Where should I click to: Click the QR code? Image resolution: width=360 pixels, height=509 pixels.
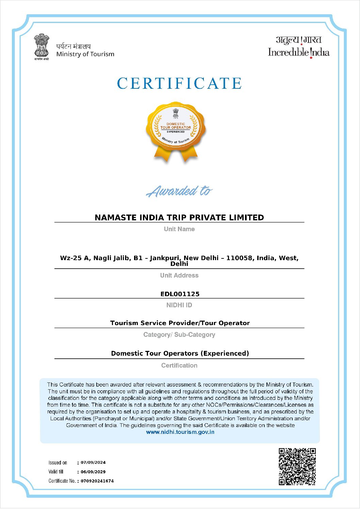click(297, 466)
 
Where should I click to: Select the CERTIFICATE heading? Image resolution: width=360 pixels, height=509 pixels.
click(179, 84)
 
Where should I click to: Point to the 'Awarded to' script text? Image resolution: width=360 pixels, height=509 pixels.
click(179, 191)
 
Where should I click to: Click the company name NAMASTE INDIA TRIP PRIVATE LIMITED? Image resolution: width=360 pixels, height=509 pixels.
click(179, 218)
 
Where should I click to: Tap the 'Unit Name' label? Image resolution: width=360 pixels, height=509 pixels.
click(179, 229)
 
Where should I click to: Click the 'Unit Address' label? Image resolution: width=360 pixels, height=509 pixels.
click(179, 275)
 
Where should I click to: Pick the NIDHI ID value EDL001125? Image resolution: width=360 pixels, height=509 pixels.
click(180, 294)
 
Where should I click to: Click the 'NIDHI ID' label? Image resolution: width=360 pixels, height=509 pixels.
click(179, 305)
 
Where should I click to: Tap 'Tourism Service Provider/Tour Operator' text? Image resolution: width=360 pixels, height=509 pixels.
click(180, 323)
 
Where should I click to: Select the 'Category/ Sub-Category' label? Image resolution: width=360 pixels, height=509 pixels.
click(179, 335)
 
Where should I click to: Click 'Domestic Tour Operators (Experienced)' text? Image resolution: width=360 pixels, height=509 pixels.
click(180, 353)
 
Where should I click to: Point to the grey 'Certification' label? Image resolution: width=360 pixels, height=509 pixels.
click(179, 366)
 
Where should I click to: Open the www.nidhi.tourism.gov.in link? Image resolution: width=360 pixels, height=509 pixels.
click(180, 432)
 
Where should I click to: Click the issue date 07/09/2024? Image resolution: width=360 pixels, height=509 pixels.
click(93, 462)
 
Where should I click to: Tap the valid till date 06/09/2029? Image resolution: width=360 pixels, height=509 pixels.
click(93, 472)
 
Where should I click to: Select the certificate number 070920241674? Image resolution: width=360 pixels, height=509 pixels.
click(97, 481)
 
